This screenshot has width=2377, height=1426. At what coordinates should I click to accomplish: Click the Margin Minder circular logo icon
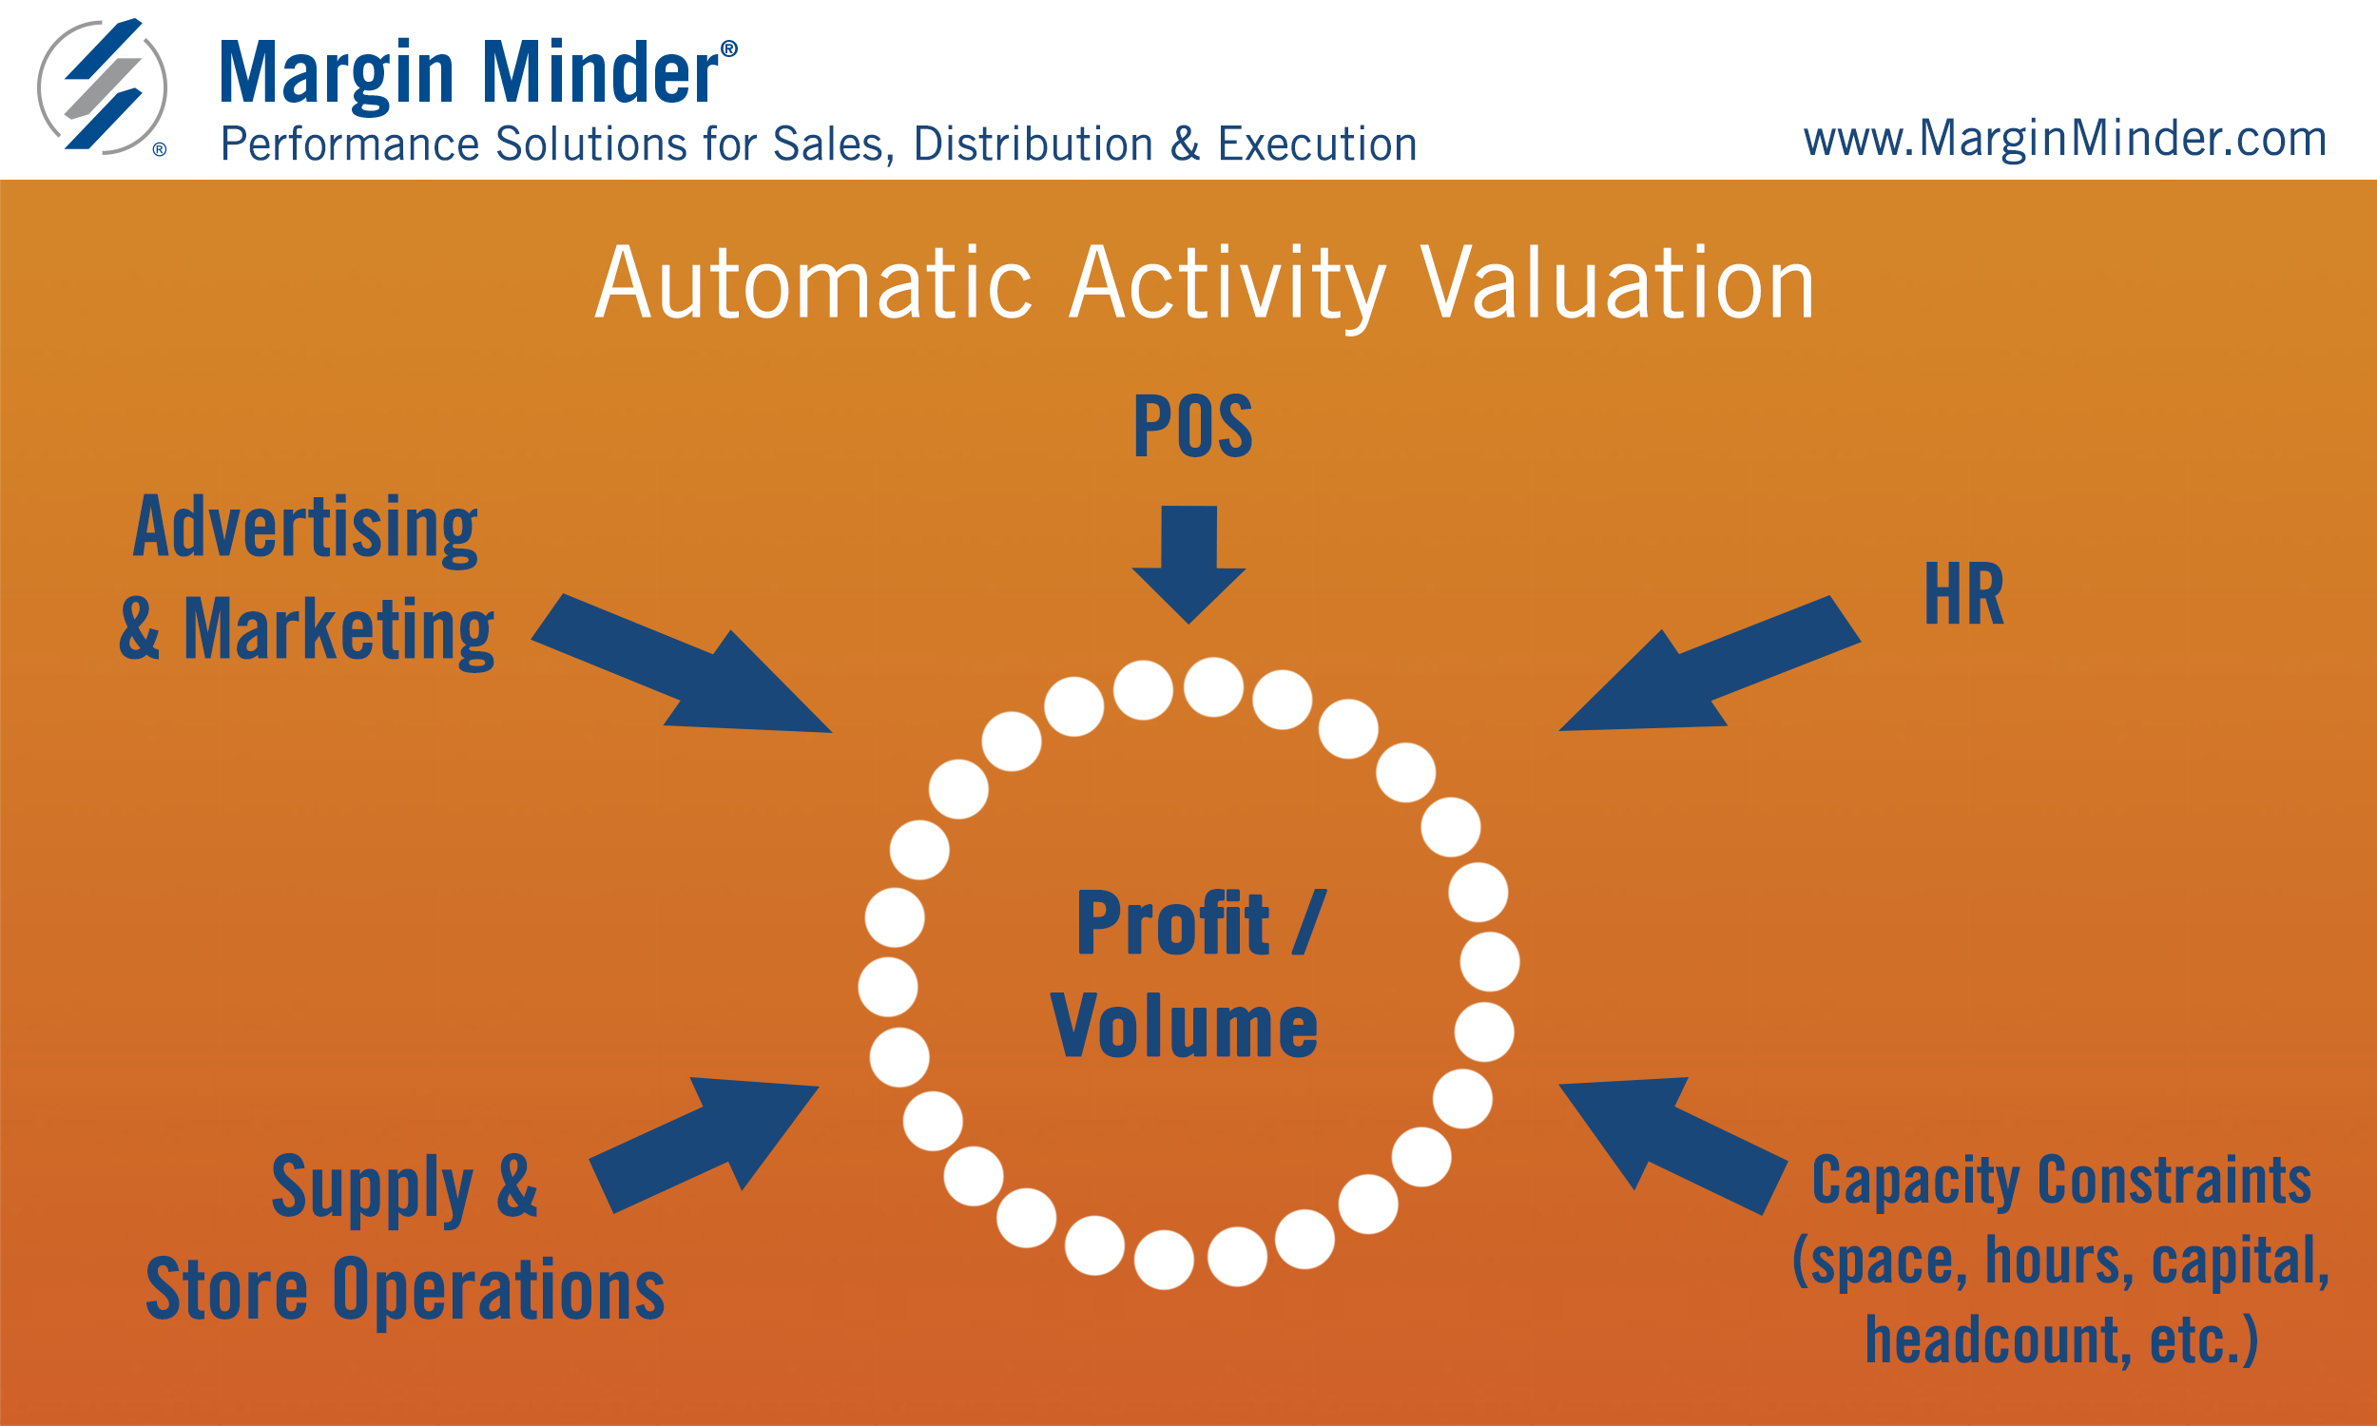[x=102, y=87]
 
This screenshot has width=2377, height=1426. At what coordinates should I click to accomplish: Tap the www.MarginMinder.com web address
[x=2065, y=140]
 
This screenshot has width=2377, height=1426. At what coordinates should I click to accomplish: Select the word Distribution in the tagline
[x=1033, y=145]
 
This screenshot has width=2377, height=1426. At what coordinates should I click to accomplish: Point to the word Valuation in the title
[x=1618, y=283]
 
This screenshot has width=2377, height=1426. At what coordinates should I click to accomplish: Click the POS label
[x=1192, y=426]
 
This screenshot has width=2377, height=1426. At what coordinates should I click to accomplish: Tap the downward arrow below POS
[x=1189, y=564]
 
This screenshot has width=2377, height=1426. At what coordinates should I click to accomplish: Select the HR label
[x=1963, y=596]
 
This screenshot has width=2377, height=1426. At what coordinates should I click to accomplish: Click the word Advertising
[x=305, y=529]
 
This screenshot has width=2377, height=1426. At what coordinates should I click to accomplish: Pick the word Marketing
[x=338, y=631]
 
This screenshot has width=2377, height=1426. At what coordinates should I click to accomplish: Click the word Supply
[x=373, y=1189]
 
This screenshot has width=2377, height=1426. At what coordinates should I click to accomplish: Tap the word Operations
[x=498, y=1291]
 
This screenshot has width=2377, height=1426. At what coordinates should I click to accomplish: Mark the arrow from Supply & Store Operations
[x=705, y=1146]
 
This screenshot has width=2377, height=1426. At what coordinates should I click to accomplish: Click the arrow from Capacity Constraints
[x=1672, y=1147]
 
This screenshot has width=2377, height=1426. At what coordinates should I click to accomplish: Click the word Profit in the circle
[x=1172, y=923]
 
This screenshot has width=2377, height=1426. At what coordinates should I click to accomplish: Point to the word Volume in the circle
[x=1184, y=1028]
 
